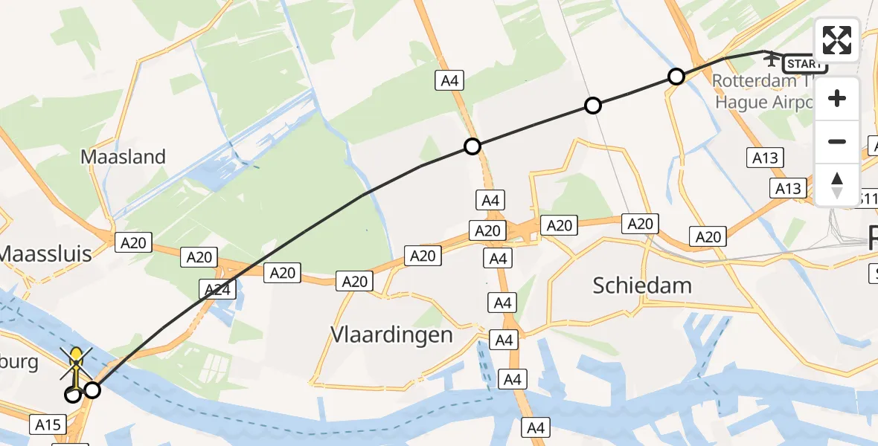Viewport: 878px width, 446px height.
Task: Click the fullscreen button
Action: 837,39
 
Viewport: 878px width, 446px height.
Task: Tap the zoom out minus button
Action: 837,141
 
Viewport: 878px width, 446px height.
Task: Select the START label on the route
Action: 804,64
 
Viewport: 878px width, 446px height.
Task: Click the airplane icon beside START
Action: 772,57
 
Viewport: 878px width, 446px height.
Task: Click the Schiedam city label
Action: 642,285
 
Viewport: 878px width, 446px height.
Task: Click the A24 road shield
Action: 217,288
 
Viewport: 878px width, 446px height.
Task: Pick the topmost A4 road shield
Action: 449,80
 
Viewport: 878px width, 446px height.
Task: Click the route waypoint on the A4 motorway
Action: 472,146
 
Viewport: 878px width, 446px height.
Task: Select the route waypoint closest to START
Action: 676,76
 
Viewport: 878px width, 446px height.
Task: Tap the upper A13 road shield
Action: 764,157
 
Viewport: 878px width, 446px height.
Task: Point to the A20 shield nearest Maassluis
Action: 134,242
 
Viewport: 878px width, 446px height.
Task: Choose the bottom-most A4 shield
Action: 536,427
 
